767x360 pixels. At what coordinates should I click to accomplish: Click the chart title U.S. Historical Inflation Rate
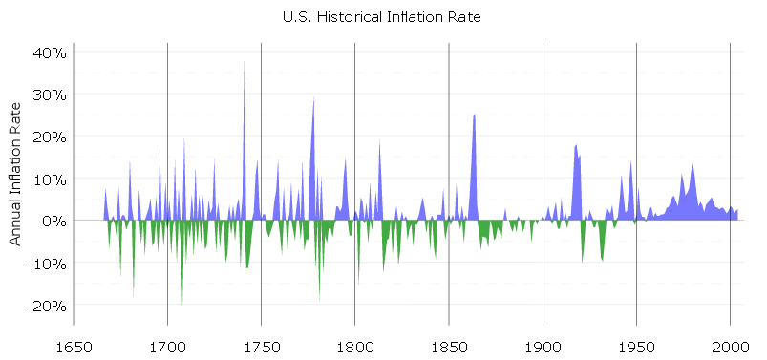[x=383, y=17]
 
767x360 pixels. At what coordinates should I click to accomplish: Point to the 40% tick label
[x=48, y=53]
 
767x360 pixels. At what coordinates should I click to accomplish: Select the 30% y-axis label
[x=48, y=95]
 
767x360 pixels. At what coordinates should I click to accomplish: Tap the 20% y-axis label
[x=48, y=137]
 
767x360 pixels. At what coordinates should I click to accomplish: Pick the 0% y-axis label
[x=53, y=221]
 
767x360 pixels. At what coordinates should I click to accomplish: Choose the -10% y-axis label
[x=45, y=263]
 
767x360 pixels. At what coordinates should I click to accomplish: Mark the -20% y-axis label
[x=45, y=305]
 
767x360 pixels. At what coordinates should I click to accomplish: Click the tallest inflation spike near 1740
[x=244, y=67]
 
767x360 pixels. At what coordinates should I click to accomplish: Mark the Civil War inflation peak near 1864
[x=474, y=116]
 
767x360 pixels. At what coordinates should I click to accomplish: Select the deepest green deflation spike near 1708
[x=182, y=301]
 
